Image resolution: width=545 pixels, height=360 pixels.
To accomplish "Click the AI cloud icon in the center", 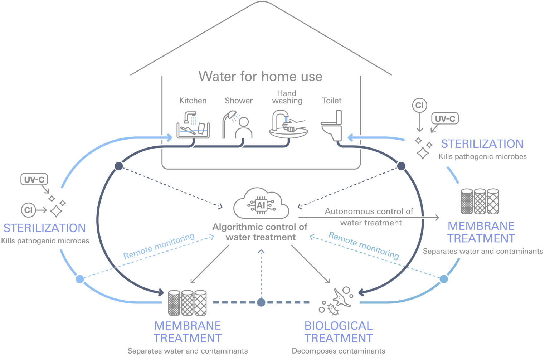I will [261, 204].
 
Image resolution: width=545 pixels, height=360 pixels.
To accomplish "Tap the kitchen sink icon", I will [193, 125].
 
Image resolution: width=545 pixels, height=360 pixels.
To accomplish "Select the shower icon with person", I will [238, 125].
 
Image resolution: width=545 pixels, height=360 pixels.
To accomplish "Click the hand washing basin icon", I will [288, 124].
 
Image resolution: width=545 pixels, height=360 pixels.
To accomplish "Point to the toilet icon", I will [332, 125].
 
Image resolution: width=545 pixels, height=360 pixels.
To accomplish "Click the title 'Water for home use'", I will [260, 76].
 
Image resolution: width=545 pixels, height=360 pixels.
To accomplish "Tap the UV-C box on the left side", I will [34, 179].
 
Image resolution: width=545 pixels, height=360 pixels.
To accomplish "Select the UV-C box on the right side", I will [445, 118].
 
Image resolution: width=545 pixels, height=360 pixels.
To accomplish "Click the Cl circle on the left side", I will [28, 210].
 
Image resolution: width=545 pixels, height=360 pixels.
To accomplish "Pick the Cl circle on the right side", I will [419, 105].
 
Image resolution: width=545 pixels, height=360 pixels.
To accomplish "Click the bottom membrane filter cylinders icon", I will [187, 303].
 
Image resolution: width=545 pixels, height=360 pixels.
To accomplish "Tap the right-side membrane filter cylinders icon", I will [480, 201].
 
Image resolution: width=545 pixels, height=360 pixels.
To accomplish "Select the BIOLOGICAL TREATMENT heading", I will [338, 332].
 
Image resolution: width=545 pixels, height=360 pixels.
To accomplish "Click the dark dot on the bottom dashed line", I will [261, 302].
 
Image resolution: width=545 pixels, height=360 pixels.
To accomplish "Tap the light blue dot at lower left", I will [80, 279].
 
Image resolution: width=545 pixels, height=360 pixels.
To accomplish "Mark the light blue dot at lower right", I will [444, 279].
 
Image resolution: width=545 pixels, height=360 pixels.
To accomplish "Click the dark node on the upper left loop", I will [119, 166].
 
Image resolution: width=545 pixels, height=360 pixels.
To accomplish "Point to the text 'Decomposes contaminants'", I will [338, 351].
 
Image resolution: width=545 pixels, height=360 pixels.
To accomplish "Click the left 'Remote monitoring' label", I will [159, 246].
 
